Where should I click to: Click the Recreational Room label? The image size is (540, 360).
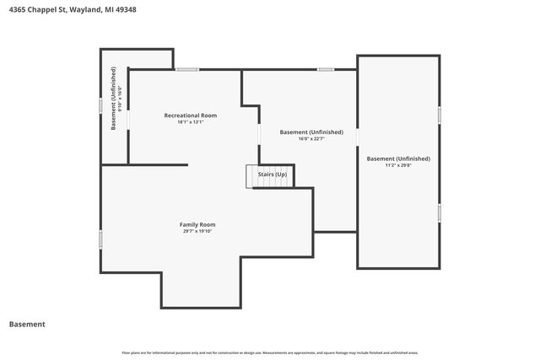190,115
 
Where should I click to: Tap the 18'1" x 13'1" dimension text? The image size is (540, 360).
190,122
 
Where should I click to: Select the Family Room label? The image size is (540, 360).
197,224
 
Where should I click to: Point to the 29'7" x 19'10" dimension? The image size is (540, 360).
197,231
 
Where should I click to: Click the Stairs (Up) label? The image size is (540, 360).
273,175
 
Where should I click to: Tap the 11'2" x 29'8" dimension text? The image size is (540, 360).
398,165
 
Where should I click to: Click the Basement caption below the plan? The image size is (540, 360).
27,324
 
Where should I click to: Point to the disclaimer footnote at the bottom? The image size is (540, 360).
270,352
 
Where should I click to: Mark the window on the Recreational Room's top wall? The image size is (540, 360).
187,69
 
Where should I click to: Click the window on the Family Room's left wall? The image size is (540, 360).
100,239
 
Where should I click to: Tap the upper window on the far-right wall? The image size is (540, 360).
440,114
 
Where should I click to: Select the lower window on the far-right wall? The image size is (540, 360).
440,212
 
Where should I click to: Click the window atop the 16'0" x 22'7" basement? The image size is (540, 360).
326,69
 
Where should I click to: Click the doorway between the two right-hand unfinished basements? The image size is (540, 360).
357,137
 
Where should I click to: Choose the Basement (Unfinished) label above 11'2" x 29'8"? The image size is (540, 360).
398,159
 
